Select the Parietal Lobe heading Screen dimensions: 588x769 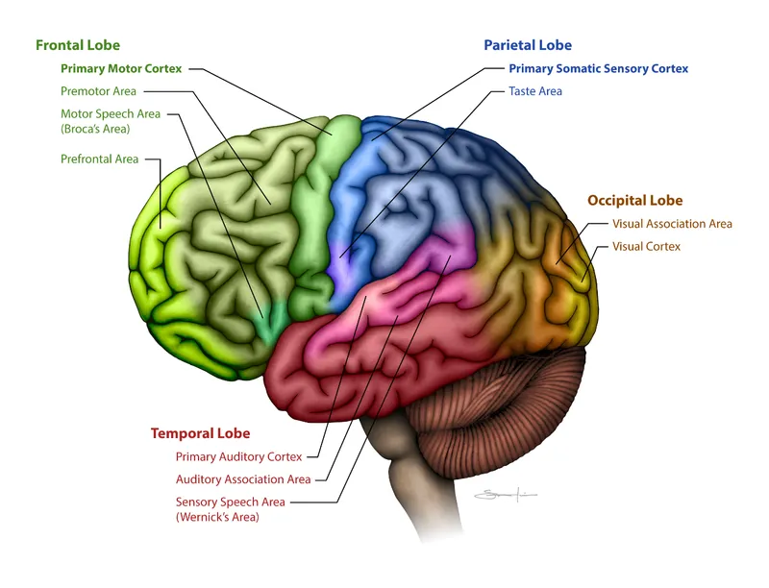pyautogui.click(x=528, y=45)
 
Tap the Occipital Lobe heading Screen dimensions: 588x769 pyautogui.click(x=634, y=201)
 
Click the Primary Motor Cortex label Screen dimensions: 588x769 pyautogui.click(x=121, y=69)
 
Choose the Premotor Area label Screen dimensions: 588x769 pyautogui.click(x=98, y=91)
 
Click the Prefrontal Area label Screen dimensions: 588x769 pyautogui.click(x=99, y=159)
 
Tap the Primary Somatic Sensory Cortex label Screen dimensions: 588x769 pyautogui.click(x=598, y=69)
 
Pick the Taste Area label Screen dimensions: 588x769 pyautogui.click(x=535, y=91)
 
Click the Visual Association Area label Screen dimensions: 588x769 pyautogui.click(x=672, y=224)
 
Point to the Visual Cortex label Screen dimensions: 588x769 pyautogui.click(x=646, y=247)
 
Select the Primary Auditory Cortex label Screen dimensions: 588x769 pyautogui.click(x=238, y=456)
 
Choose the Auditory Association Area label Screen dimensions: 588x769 pyautogui.click(x=243, y=479)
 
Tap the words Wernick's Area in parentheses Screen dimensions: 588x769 pyautogui.click(x=217, y=517)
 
